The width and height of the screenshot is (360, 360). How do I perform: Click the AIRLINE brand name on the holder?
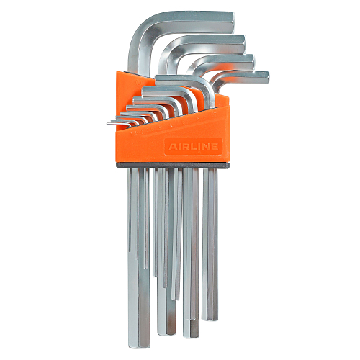tap(193, 146)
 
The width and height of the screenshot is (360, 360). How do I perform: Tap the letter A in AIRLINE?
tap(172, 146)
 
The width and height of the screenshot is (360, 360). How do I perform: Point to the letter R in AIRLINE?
tap(185, 146)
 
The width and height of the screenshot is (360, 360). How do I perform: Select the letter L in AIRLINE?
tap(192, 146)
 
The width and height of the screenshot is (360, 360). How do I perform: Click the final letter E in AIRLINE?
tap(214, 146)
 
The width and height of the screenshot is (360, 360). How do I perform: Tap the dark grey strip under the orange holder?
tap(172, 165)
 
